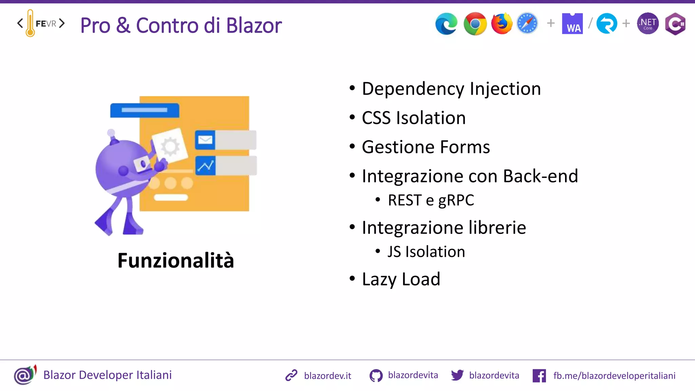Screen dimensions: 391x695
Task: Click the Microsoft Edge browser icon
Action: point(446,24)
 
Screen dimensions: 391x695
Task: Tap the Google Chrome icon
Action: point(475,24)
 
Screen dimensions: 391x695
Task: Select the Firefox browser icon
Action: point(502,24)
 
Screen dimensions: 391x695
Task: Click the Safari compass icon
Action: point(527,24)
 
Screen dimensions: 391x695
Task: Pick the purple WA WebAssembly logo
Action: point(572,24)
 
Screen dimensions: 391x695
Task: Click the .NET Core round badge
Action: point(648,24)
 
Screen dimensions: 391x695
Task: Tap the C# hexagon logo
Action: point(675,24)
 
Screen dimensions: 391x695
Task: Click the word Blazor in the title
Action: point(254,25)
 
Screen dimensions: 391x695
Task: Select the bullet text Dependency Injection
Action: point(451,89)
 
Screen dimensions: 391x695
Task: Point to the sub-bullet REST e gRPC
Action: point(431,200)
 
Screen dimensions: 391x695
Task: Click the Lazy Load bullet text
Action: point(401,279)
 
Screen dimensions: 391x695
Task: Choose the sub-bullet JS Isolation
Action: point(426,252)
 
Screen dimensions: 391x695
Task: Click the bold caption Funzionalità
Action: point(176,261)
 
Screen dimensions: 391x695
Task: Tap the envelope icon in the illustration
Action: point(205,140)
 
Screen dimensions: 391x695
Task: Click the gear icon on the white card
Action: point(170,147)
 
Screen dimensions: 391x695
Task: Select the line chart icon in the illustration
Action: point(205,166)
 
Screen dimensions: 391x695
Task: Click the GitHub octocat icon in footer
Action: point(376,376)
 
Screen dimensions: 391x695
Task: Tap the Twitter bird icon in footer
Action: point(457,375)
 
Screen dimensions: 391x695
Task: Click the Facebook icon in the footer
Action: point(539,376)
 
